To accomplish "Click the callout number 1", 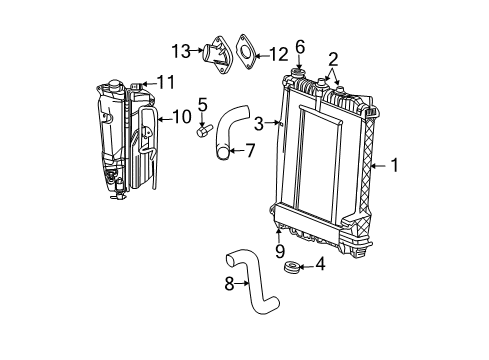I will click(394, 166).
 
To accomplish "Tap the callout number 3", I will click(260, 123).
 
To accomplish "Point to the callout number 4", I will click(320, 265).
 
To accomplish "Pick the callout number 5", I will click(202, 103).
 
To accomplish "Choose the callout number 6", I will click(299, 46).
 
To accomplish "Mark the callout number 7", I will click(251, 151).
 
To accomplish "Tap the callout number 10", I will click(181, 116).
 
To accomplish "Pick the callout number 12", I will click(279, 52).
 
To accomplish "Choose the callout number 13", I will click(179, 49).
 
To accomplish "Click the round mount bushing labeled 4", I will click(293, 266).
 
